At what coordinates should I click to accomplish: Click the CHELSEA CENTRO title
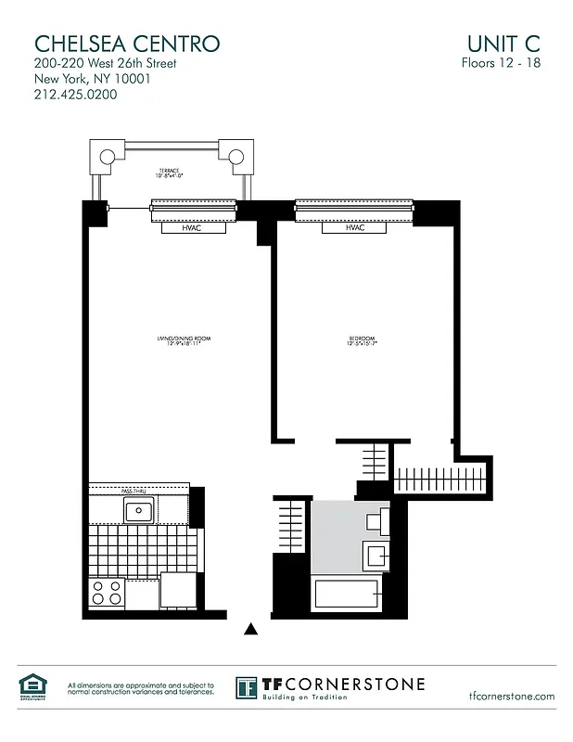(x=127, y=43)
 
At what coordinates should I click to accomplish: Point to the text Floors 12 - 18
(x=501, y=63)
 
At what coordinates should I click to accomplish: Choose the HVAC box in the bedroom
(x=354, y=227)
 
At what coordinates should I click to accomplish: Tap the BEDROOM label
(x=362, y=340)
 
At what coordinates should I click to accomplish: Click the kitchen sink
(x=139, y=509)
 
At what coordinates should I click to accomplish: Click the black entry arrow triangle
(x=249, y=630)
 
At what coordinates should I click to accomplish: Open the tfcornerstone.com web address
(x=512, y=696)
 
